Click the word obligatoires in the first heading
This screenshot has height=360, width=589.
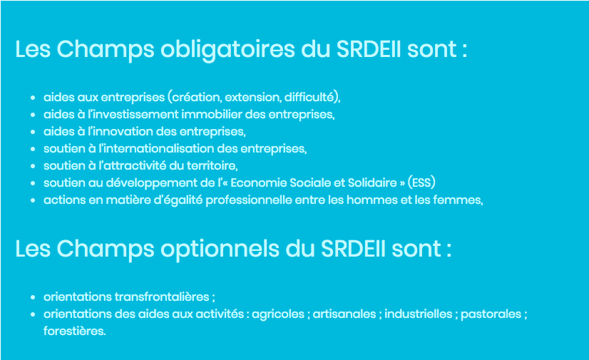(x=227, y=50)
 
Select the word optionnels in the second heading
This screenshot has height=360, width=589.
(x=220, y=250)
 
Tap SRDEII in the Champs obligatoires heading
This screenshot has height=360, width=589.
(x=369, y=49)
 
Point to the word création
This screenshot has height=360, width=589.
(x=195, y=97)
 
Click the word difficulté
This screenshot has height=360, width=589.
(x=309, y=97)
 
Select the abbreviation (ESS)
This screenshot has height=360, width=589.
(x=421, y=182)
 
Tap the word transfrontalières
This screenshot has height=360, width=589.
(x=162, y=297)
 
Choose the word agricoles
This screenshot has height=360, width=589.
(x=278, y=314)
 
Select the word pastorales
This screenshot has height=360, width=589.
(x=491, y=314)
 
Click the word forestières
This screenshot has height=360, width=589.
(x=74, y=331)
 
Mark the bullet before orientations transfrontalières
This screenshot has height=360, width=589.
(x=33, y=297)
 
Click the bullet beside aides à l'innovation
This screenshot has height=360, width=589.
(x=33, y=132)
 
